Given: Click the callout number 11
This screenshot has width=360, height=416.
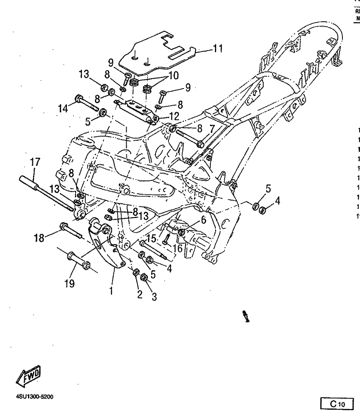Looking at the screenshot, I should (217, 49).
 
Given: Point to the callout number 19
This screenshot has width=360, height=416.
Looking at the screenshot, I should (69, 284).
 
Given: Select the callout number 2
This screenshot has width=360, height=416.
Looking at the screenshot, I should (140, 294).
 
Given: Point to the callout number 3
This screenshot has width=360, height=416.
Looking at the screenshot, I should (154, 297).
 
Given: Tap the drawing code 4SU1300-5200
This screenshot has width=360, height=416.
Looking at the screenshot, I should (35, 397).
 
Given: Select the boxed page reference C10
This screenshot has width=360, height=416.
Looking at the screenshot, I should (337, 403).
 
